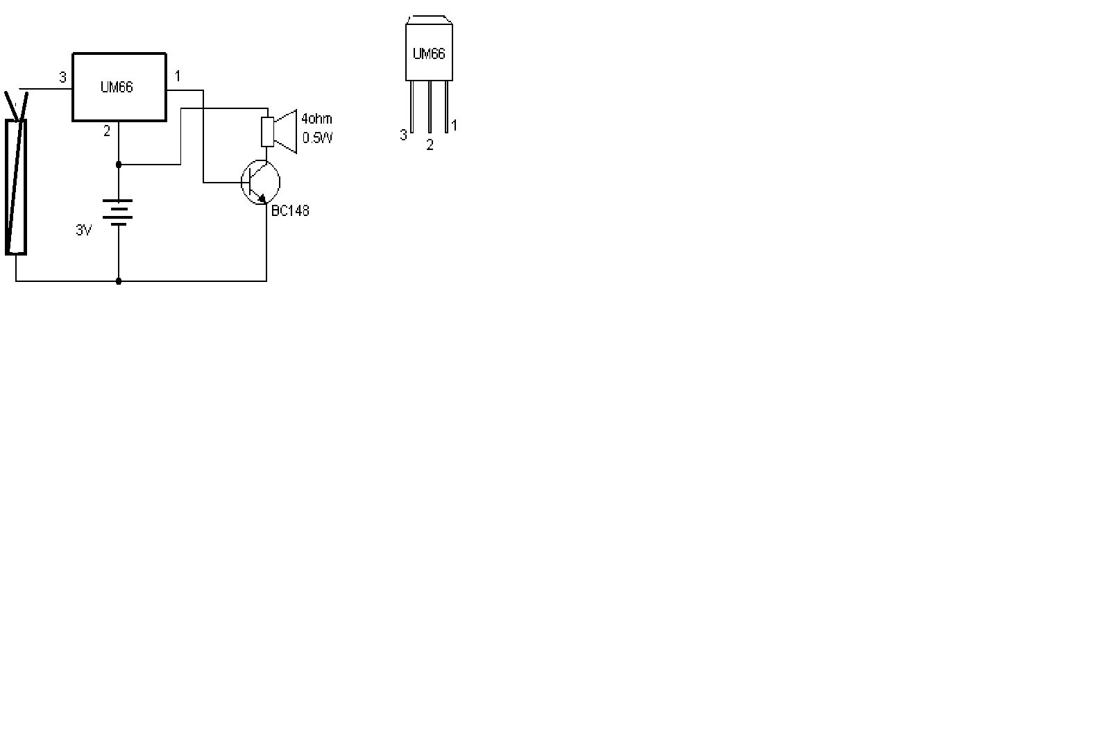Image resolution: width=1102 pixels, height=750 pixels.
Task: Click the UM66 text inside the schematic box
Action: pyautogui.click(x=117, y=87)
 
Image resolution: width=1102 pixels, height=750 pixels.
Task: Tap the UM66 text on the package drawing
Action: pyautogui.click(x=429, y=53)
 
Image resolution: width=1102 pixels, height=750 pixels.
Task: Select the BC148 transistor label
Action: pyautogui.click(x=290, y=210)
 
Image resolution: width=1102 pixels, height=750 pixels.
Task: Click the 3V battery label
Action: pyautogui.click(x=84, y=231)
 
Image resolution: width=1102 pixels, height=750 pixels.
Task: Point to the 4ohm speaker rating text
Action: pyautogui.click(x=316, y=119)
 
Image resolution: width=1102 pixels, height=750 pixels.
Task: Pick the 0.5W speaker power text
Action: pyautogui.click(x=318, y=137)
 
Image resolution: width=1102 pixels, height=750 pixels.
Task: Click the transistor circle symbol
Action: pyautogui.click(x=260, y=183)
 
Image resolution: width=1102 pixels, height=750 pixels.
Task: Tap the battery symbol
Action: pyautogui.click(x=119, y=212)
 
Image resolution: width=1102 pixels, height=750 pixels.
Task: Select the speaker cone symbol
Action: pyautogui.click(x=285, y=131)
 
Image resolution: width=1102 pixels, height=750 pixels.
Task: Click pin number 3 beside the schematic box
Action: pyautogui.click(x=63, y=78)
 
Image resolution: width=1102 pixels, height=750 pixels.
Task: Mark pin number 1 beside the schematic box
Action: pyautogui.click(x=178, y=76)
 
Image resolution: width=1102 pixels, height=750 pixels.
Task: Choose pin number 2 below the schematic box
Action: pyautogui.click(x=107, y=131)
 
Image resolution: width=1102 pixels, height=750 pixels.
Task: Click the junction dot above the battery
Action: pyautogui.click(x=119, y=165)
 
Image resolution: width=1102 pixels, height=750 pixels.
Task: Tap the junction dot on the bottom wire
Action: pyautogui.click(x=119, y=281)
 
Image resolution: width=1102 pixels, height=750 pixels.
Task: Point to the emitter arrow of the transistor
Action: pyautogui.click(x=262, y=199)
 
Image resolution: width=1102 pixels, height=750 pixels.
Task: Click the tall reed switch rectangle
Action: pyautogui.click(x=16, y=186)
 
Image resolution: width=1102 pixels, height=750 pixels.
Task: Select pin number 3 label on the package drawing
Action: pyautogui.click(x=403, y=135)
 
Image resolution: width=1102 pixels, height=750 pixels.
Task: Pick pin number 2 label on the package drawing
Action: pyautogui.click(x=430, y=146)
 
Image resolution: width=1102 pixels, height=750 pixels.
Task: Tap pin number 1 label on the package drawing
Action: pyautogui.click(x=455, y=126)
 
